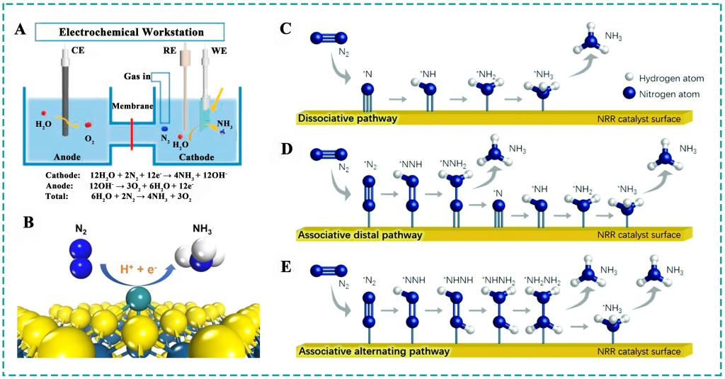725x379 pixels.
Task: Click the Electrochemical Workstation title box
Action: tap(130, 32)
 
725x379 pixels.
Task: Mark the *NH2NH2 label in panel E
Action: tap(542, 280)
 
